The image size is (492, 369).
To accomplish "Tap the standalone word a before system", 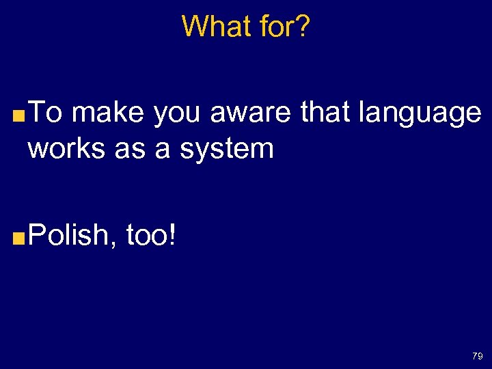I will point(163,149).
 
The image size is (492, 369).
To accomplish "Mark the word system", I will point(227,149).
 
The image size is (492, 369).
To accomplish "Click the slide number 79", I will point(477,356).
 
